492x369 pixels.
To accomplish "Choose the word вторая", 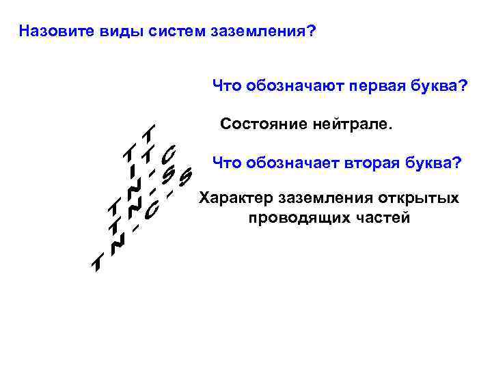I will tap(372, 163).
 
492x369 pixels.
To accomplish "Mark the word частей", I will tap(385, 218).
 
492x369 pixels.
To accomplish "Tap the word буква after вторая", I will tap(433, 163).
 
